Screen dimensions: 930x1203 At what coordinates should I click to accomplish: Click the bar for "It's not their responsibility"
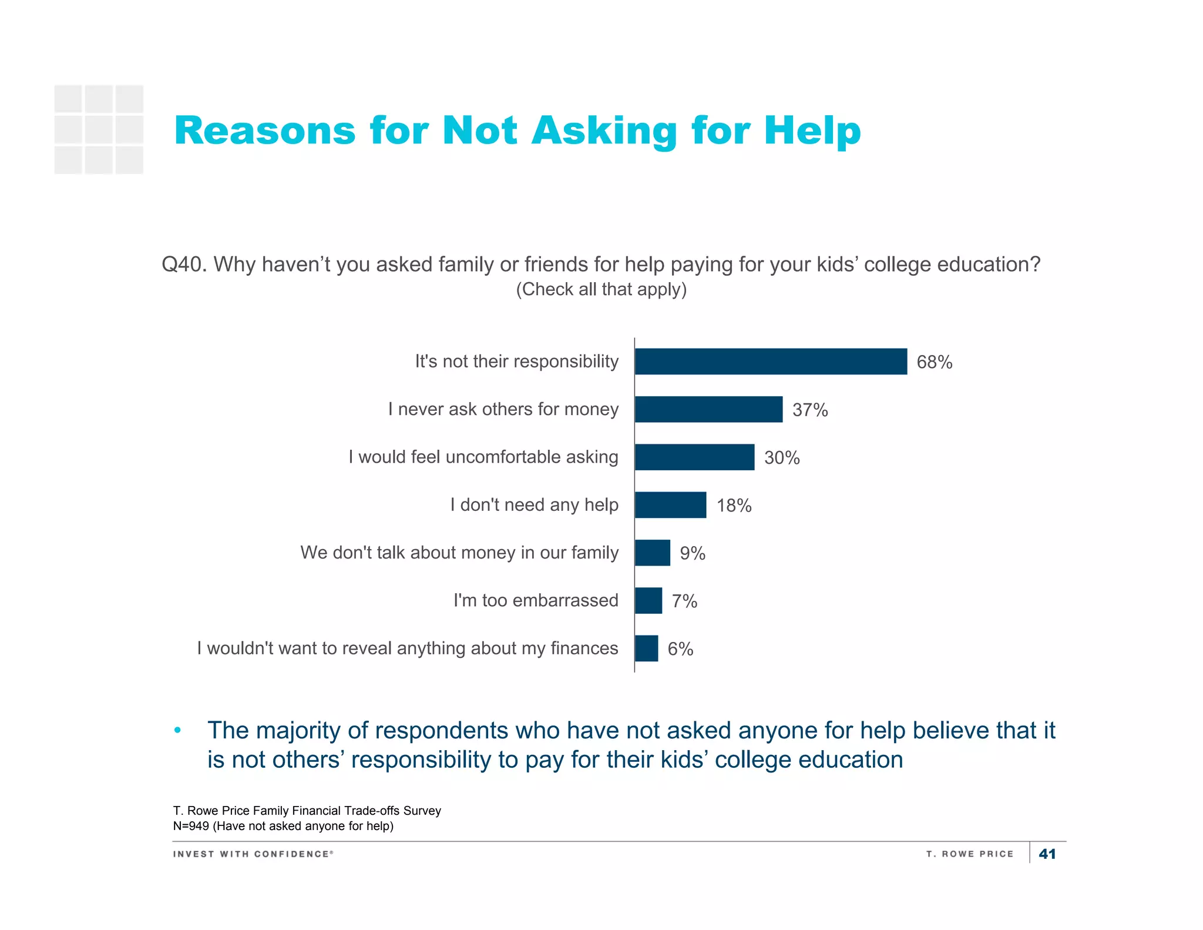pyautogui.click(x=771, y=362)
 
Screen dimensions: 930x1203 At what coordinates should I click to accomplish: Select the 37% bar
pyautogui.click(x=708, y=409)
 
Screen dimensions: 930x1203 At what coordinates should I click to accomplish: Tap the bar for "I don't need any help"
pyautogui.click(x=670, y=505)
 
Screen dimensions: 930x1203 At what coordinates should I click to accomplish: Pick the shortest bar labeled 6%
pyautogui.click(x=646, y=648)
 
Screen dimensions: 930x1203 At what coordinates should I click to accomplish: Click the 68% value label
pyautogui.click(x=934, y=362)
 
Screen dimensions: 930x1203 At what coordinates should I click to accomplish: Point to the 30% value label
pyautogui.click(x=782, y=458)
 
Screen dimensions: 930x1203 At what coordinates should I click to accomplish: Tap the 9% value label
pyautogui.click(x=693, y=553)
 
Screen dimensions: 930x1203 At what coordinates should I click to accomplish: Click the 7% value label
pyautogui.click(x=684, y=601)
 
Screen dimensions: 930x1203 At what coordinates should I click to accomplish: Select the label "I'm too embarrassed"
pyautogui.click(x=535, y=600)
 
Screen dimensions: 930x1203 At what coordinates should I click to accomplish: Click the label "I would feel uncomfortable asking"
pyautogui.click(x=483, y=457)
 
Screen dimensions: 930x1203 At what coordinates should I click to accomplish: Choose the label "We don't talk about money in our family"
pyautogui.click(x=459, y=553)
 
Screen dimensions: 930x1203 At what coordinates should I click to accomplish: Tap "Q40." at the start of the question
pyautogui.click(x=184, y=265)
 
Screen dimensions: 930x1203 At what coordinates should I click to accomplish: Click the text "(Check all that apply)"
pyautogui.click(x=601, y=289)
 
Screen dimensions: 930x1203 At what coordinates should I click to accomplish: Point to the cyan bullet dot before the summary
pyautogui.click(x=177, y=731)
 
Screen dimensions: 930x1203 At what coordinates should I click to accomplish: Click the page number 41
pyautogui.click(x=1047, y=854)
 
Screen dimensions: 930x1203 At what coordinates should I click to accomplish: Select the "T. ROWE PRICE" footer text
pyautogui.click(x=970, y=854)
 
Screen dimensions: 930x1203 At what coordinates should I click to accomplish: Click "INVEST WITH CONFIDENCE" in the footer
pyautogui.click(x=253, y=854)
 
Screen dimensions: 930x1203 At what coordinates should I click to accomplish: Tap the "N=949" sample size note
pyautogui.click(x=191, y=826)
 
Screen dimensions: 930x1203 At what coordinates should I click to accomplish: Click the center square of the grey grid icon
pyautogui.click(x=99, y=129)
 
